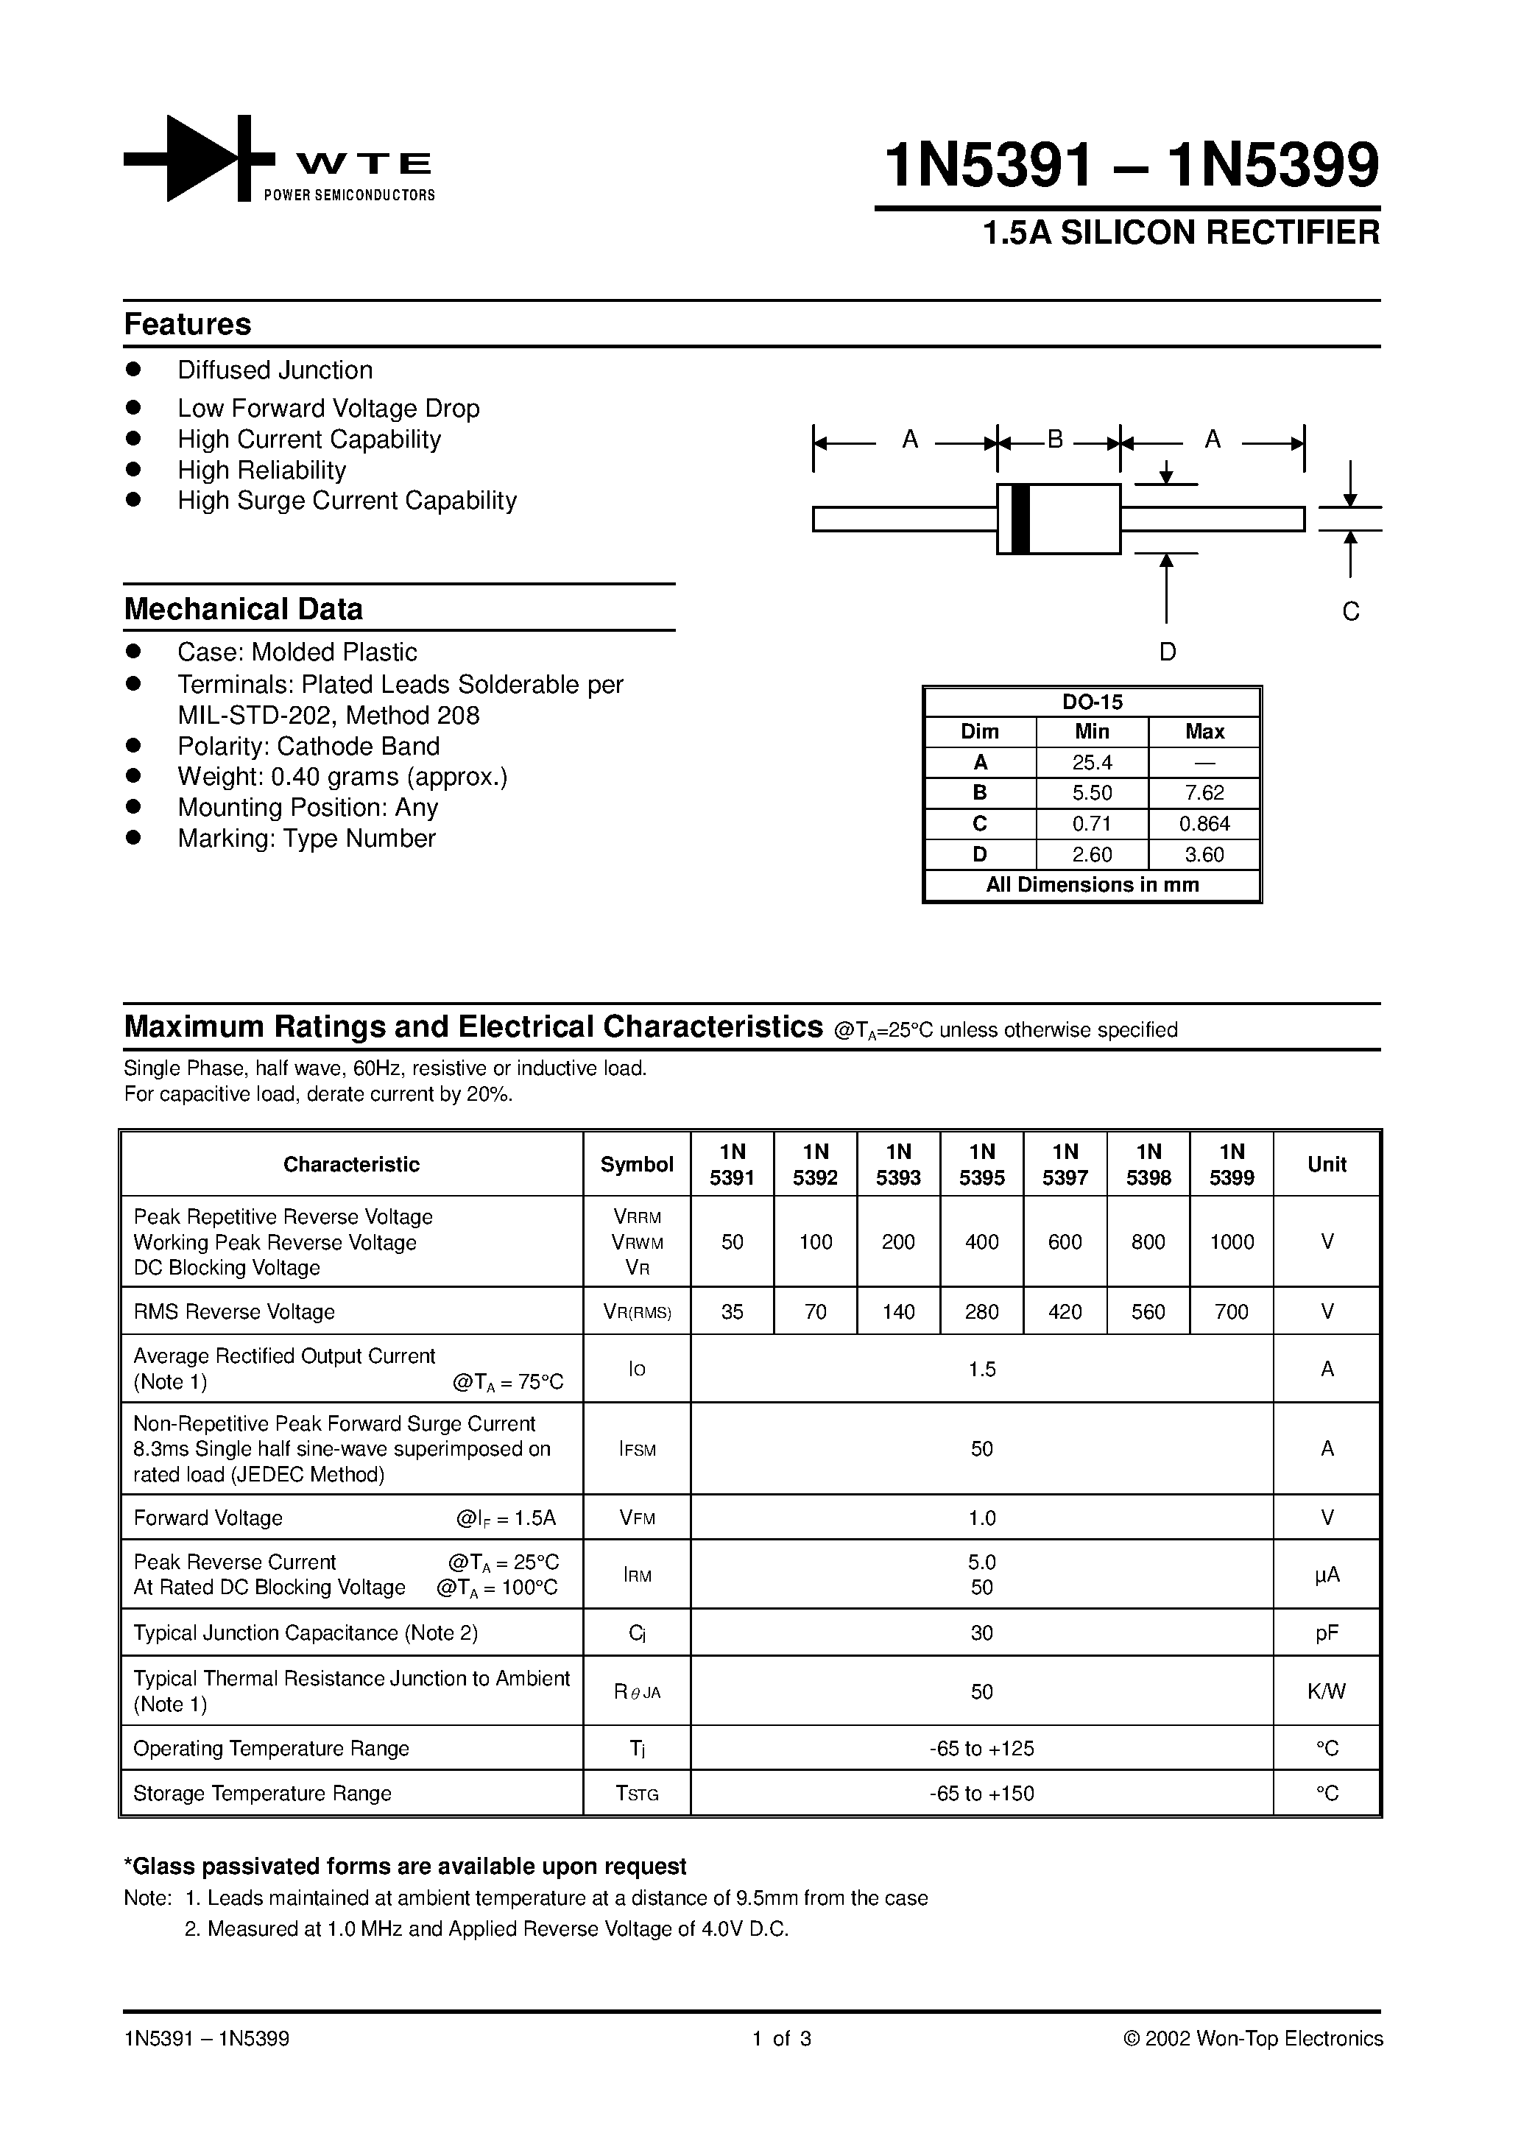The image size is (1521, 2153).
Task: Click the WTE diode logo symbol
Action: [199, 158]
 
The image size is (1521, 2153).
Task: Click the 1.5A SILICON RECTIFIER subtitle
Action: [1181, 233]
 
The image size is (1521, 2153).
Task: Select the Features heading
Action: [188, 325]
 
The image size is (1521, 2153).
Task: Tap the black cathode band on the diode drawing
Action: [1021, 518]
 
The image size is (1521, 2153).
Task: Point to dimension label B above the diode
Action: [1055, 439]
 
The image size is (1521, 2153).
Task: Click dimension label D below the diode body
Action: [1167, 652]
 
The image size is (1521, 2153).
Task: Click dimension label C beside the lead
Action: [1350, 611]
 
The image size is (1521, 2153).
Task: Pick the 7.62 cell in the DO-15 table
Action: [1204, 793]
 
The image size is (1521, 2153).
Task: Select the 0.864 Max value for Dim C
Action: [1204, 824]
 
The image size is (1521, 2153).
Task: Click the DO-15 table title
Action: [1093, 702]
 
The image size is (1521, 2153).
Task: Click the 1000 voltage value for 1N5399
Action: [1231, 1241]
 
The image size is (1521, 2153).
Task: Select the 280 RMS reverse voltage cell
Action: [982, 1312]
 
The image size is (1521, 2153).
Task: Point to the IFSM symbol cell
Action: [637, 1450]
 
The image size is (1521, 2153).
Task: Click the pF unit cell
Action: [1326, 1633]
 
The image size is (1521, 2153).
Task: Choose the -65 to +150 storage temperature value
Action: [982, 1794]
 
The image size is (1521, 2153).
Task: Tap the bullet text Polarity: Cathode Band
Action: [308, 747]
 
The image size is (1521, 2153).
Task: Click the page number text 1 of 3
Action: [781, 2039]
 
